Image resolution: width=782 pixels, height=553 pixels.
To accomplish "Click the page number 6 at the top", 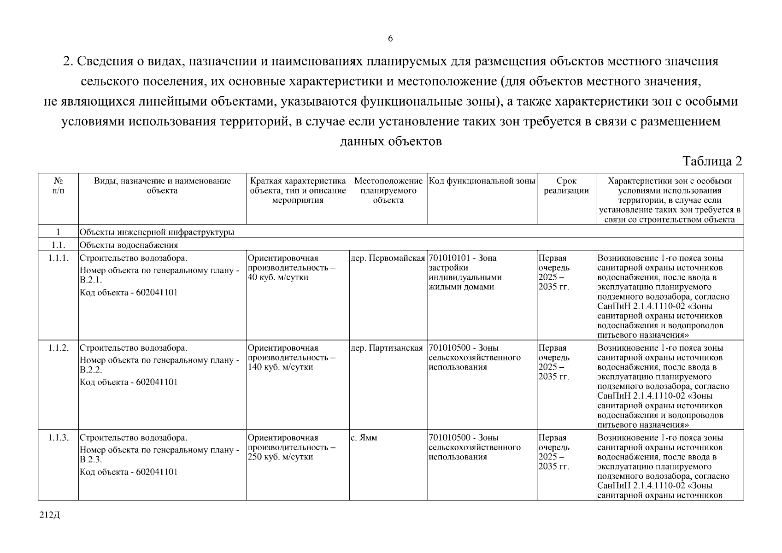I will click(x=390, y=39).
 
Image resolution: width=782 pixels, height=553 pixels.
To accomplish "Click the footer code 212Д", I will click(x=50, y=515).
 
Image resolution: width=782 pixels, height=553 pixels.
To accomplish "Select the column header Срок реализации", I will click(x=566, y=186).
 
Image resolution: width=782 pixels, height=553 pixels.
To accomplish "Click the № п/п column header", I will click(x=58, y=186).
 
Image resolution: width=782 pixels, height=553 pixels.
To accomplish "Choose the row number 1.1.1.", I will click(x=58, y=258).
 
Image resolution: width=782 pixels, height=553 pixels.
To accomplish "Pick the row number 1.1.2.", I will click(x=58, y=348).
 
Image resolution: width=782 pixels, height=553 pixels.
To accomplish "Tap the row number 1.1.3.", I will click(x=58, y=438).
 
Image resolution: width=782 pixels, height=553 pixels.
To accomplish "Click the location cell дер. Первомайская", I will click(x=388, y=258).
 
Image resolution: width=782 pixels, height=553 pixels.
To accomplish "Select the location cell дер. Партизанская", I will click(x=387, y=348).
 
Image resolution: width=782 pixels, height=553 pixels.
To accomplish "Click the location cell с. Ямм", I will click(x=364, y=438).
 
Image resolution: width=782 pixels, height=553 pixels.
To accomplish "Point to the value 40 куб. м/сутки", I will click(x=278, y=277).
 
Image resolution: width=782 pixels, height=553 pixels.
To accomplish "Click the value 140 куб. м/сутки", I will click(x=280, y=367).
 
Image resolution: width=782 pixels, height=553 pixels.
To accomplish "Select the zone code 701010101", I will click(x=449, y=258).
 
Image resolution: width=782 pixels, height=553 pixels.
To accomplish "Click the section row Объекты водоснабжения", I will click(x=129, y=245).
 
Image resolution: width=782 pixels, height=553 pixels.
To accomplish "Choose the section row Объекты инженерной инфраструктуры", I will click(x=157, y=232).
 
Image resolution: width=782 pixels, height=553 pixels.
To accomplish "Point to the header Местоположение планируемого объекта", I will click(x=388, y=190).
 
